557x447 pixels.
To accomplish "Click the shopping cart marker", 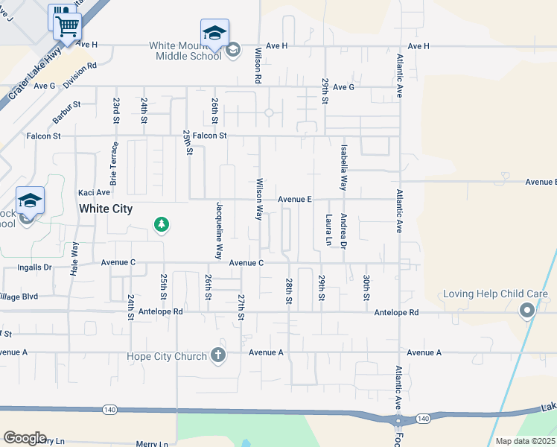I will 67,27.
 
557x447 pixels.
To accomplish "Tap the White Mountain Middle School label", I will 185,50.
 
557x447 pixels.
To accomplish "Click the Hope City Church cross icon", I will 218,356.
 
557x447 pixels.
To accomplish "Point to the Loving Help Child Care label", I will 495,294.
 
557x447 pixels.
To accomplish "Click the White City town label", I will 106,209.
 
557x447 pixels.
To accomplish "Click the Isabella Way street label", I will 343,166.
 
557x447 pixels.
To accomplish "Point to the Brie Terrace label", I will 114,163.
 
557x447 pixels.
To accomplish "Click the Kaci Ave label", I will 95,192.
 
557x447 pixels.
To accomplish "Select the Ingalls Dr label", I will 34,266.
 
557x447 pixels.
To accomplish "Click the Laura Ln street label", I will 328,230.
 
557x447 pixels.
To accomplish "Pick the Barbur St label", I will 66,112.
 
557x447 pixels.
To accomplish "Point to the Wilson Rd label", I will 258,66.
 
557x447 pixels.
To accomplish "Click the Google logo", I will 25,438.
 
